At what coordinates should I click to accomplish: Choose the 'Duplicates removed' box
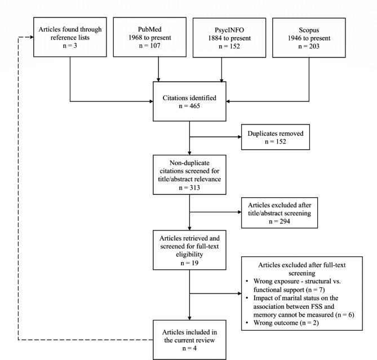click(275, 137)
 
